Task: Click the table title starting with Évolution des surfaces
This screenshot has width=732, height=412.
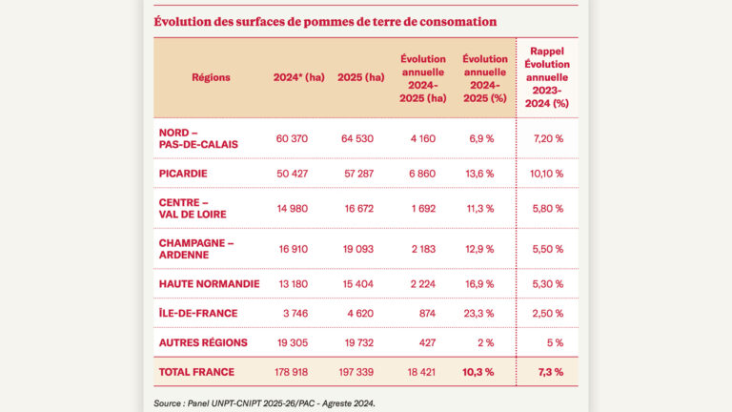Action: tap(325, 21)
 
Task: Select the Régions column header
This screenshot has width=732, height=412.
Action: tap(211, 78)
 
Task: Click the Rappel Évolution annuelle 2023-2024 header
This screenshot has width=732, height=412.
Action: tap(546, 78)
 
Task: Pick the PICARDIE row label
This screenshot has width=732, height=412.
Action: tap(183, 174)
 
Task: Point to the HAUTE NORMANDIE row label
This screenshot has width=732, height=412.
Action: tap(209, 283)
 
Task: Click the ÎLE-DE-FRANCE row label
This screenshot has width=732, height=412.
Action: tap(197, 313)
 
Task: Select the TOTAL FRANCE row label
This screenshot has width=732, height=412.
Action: tap(196, 372)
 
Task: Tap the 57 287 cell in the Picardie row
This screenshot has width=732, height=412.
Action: tap(360, 174)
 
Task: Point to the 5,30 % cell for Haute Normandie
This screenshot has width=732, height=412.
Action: tap(546, 283)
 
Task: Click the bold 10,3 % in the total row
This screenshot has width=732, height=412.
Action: tap(478, 372)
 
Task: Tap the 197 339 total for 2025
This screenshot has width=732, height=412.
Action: tap(360, 372)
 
